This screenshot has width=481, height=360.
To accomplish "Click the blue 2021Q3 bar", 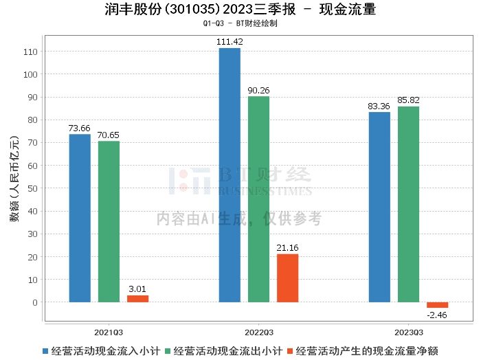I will point(80,218).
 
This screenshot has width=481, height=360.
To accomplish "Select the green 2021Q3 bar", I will point(109,221).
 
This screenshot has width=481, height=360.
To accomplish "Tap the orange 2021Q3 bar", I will point(137,299).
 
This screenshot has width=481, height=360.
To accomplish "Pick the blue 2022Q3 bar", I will point(230,175).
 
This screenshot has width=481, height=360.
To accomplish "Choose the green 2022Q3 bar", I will point(258,199).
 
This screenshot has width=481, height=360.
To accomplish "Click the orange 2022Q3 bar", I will point(287,278).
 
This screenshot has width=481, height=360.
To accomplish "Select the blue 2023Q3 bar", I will point(379,207).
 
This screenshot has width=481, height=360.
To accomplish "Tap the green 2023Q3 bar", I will point(408,204).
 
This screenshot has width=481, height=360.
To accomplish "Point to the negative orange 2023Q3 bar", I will point(437,305).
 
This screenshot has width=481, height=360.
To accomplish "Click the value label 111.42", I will point(230,42).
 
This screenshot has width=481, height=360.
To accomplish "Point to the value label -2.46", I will point(437,315).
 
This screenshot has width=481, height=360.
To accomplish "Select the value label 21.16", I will point(287,247).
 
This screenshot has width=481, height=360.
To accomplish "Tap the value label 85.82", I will point(408,100).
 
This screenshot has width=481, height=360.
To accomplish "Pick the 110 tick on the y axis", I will point(31,52).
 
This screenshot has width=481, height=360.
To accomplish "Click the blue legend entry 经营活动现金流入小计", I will point(101,350).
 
